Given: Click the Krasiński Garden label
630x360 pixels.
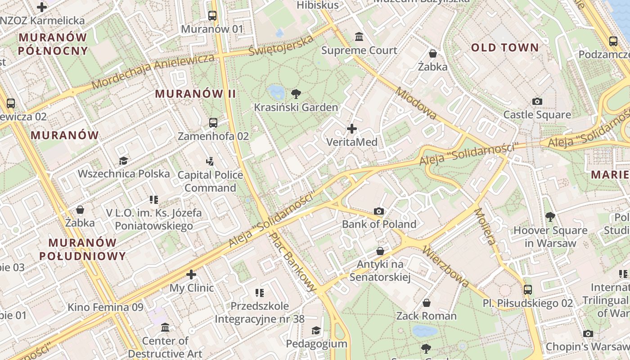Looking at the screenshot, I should [x=296, y=108].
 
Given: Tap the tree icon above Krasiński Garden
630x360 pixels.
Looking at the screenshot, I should [x=296, y=94].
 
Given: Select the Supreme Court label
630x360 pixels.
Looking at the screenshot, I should [x=359, y=50].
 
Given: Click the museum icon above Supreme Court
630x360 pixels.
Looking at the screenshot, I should [x=359, y=36].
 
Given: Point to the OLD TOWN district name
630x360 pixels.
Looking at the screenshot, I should [x=504, y=48].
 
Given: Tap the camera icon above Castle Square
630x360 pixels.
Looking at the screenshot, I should [x=537, y=101].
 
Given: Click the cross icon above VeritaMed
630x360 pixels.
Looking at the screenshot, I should [x=352, y=129].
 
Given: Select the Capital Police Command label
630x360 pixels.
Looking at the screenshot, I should [x=210, y=181].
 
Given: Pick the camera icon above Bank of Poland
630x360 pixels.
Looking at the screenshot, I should [x=379, y=211].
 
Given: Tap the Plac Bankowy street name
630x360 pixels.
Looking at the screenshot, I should [x=292, y=261].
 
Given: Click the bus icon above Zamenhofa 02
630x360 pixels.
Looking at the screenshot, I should [x=213, y=122].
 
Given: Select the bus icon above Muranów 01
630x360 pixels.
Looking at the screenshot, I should [x=212, y=16].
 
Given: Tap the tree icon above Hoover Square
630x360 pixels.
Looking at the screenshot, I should [x=550, y=217].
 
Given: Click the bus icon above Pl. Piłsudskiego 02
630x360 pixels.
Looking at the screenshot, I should [x=528, y=289].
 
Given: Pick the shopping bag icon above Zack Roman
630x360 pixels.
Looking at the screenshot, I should [x=426, y=303].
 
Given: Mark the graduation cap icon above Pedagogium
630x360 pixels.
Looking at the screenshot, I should [x=316, y=331].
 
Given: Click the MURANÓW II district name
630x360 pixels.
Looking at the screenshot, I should [x=195, y=94].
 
